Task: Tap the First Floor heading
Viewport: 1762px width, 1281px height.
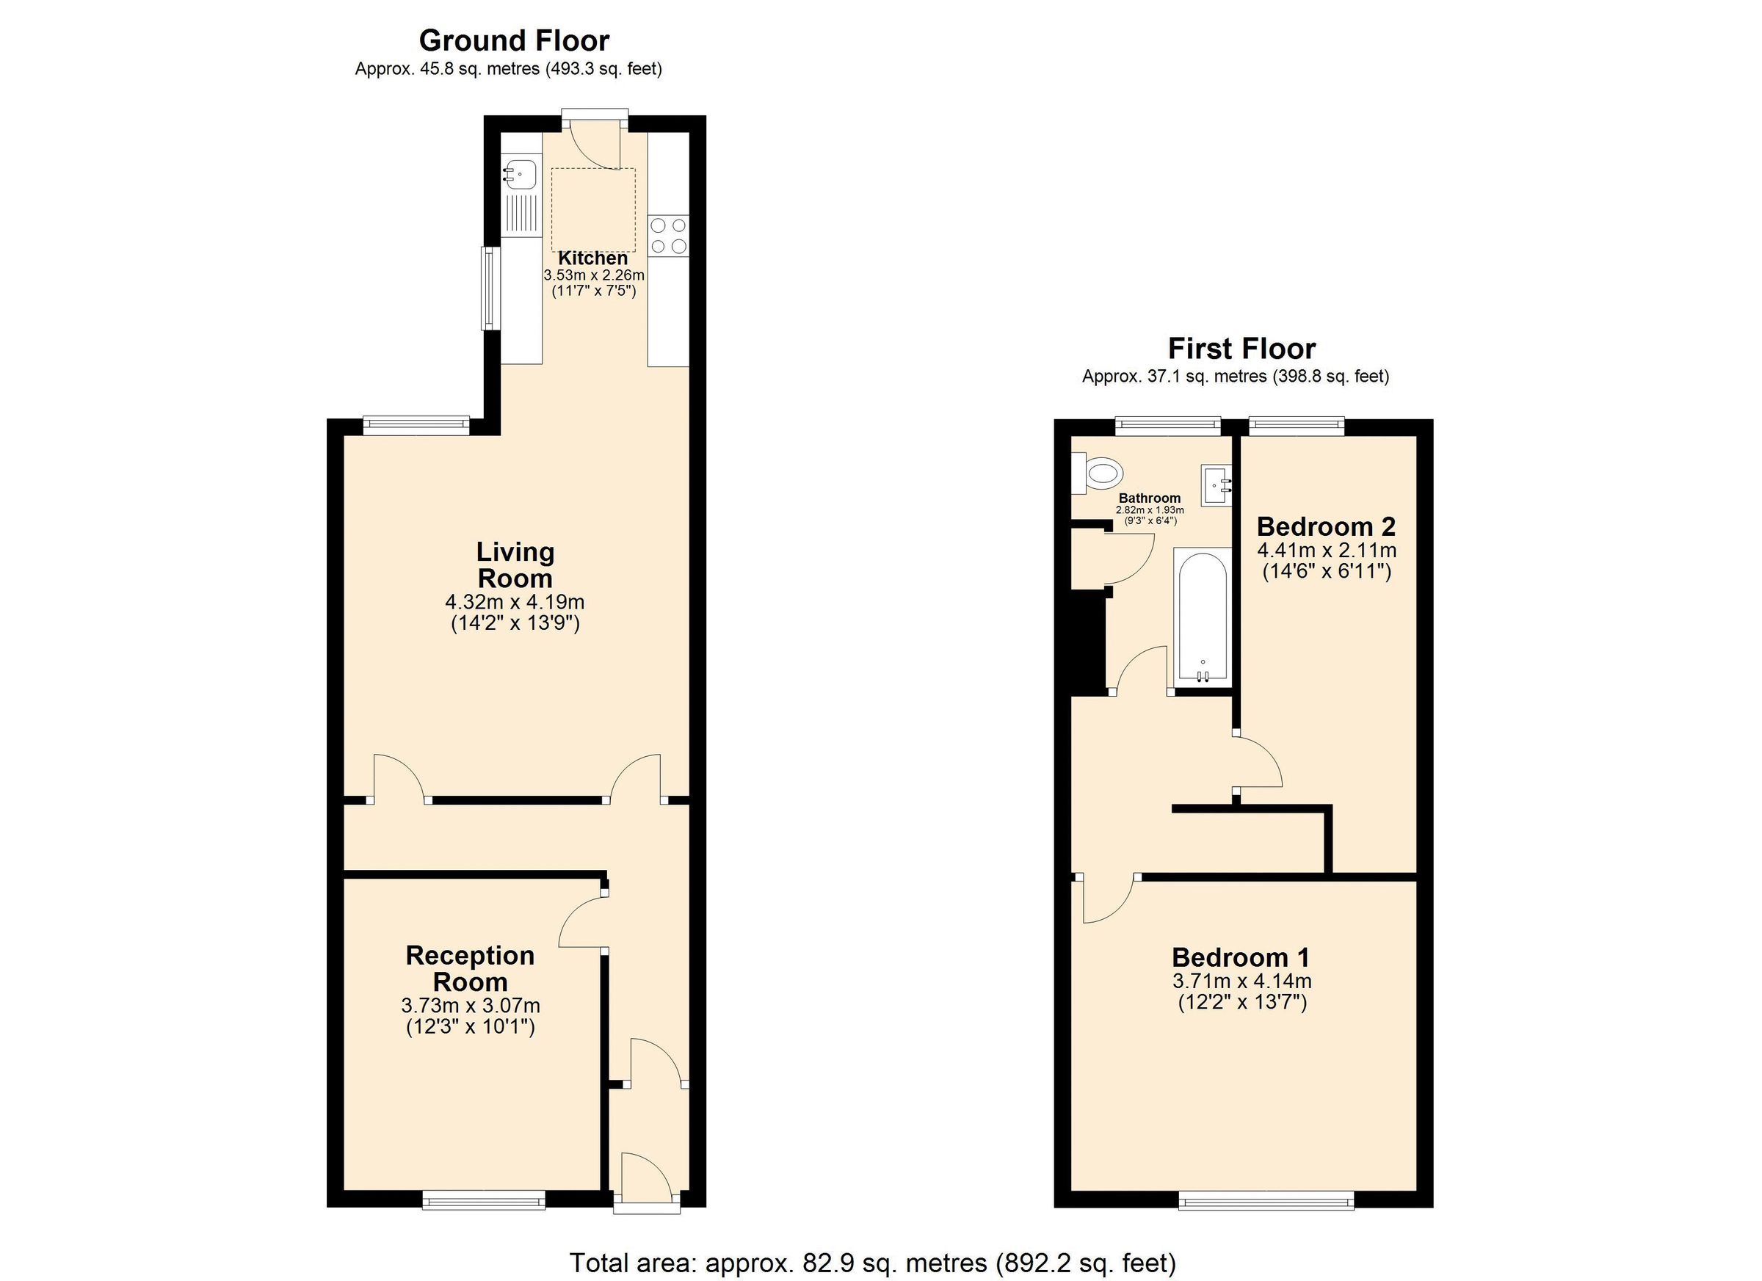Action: pyautogui.click(x=1241, y=348)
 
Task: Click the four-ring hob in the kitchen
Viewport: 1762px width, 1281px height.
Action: pyautogui.click(x=668, y=236)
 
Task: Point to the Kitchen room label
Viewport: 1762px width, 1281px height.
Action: pyautogui.click(x=592, y=258)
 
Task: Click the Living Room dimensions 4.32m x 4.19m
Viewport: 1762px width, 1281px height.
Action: pyautogui.click(x=515, y=601)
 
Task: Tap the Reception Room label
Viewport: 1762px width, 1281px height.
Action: pyautogui.click(x=470, y=968)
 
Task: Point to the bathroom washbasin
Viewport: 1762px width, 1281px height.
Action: pyautogui.click(x=1216, y=485)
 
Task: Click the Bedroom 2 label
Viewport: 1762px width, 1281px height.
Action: pyautogui.click(x=1326, y=526)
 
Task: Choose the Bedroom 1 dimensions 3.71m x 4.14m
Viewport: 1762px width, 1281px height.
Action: pyautogui.click(x=1241, y=981)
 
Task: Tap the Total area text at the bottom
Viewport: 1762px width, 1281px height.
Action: pyautogui.click(x=872, y=1263)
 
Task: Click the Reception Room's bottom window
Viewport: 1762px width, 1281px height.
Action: pyautogui.click(x=483, y=1200)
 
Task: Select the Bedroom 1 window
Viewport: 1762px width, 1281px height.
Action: pyautogui.click(x=1266, y=1201)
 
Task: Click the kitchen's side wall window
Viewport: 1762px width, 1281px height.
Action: pyautogui.click(x=490, y=289)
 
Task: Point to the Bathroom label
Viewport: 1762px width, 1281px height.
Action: pyautogui.click(x=1149, y=498)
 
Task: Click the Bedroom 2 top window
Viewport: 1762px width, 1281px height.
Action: pyautogui.click(x=1296, y=424)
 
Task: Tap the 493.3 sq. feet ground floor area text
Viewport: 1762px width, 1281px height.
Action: pyautogui.click(x=603, y=69)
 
